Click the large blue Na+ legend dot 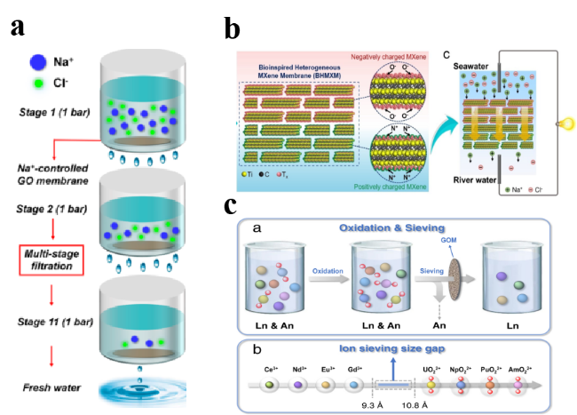pos(36,62)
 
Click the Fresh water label pos(52,387)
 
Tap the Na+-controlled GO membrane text pos(55,176)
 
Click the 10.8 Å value pos(416,400)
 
